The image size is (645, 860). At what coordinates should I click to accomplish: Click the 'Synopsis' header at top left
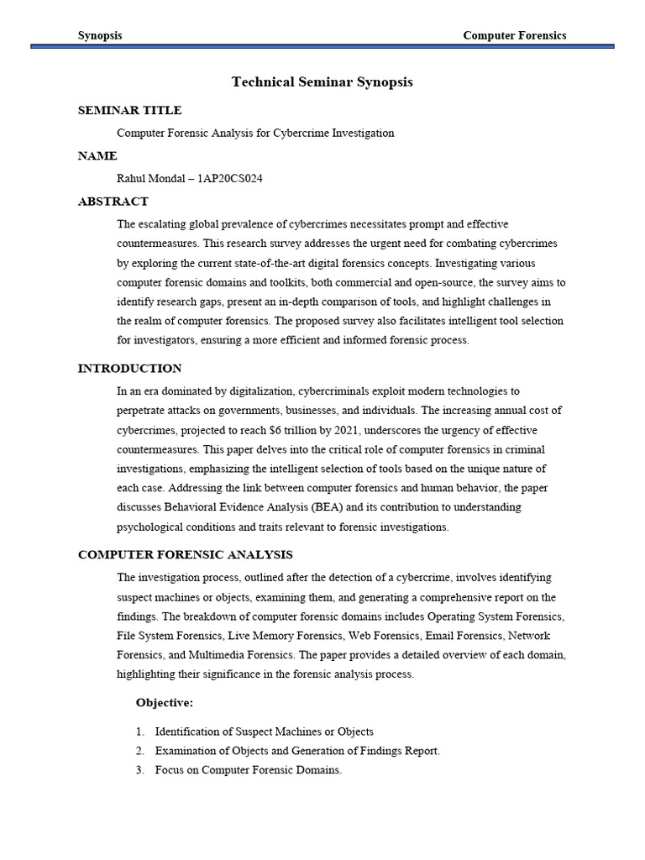(100, 35)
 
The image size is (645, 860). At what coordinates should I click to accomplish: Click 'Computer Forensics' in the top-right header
(515, 35)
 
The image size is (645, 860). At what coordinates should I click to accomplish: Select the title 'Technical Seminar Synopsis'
(322, 82)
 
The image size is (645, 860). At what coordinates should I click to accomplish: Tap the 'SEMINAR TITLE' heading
(129, 110)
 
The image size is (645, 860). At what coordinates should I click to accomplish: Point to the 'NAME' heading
(97, 156)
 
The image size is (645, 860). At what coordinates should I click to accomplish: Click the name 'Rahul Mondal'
(151, 179)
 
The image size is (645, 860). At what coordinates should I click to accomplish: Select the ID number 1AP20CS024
(230, 179)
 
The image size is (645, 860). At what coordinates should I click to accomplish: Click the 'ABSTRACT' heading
(113, 202)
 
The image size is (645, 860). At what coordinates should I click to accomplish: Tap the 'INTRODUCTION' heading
(129, 368)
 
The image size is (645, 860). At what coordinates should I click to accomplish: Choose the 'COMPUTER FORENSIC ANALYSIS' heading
(185, 554)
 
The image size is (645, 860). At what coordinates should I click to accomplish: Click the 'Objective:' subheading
(165, 702)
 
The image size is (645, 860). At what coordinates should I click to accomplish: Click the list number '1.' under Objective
(140, 732)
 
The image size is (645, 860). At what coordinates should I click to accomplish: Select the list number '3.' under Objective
(140, 770)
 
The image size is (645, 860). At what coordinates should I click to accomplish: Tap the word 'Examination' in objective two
(185, 751)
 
